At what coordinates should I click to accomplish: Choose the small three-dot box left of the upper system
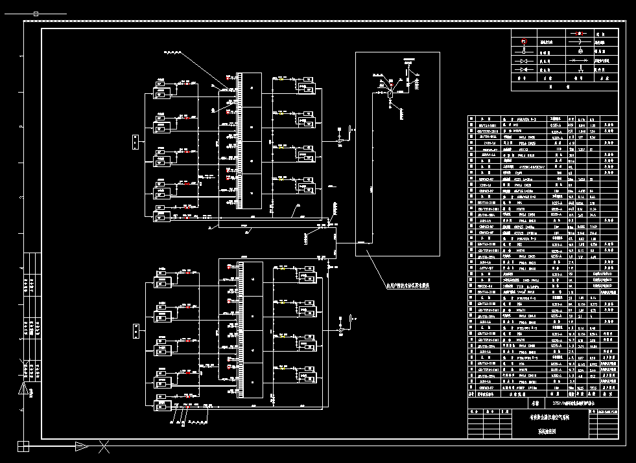[x=134, y=141]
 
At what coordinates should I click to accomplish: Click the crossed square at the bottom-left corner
[x=23, y=446]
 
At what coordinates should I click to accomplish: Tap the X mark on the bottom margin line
[x=104, y=446]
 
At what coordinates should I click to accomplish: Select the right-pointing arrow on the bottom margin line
[x=81, y=446]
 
